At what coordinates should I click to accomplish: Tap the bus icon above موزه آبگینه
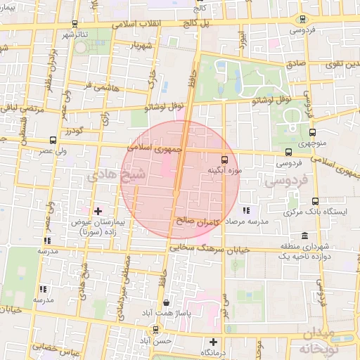pyautogui.click(x=224, y=160)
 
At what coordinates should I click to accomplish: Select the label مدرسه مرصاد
pyautogui.click(x=247, y=220)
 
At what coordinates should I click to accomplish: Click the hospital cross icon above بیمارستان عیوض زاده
pyautogui.click(x=97, y=211)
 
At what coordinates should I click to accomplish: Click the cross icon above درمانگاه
pyautogui.click(x=214, y=342)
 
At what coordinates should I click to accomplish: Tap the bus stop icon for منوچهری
pyautogui.click(x=312, y=131)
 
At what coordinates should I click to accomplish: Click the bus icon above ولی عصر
pyautogui.click(x=53, y=139)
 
